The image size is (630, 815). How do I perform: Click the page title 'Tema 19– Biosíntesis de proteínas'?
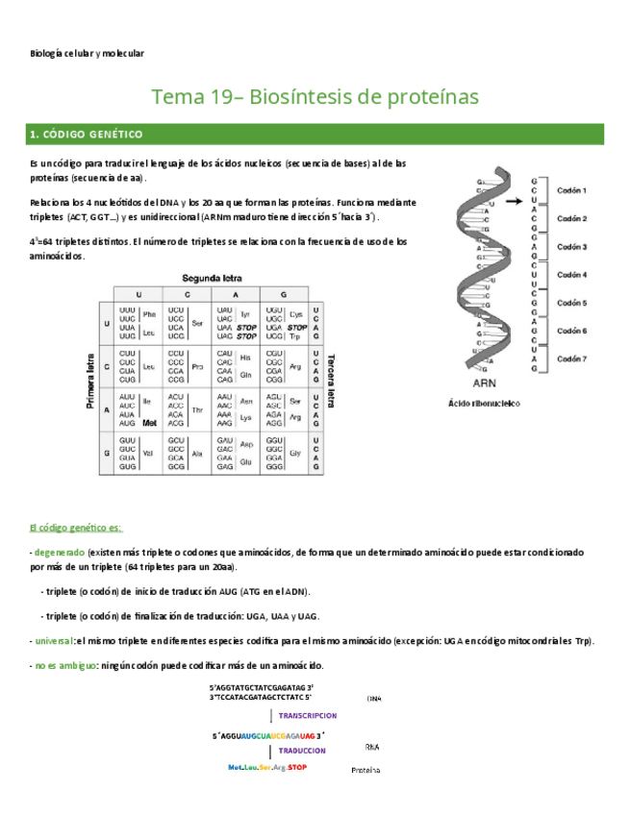tap(315, 97)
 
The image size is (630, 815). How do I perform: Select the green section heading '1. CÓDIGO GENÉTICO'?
tap(87, 135)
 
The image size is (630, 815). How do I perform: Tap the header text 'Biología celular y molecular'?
tap(88, 54)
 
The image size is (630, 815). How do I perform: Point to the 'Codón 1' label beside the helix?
tap(571, 190)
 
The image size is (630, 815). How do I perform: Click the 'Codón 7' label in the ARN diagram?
tap(571, 358)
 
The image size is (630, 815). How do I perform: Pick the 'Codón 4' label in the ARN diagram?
tap(571, 275)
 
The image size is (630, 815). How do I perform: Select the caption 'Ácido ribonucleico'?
tap(484, 404)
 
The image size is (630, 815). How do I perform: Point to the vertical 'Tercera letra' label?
tap(330, 381)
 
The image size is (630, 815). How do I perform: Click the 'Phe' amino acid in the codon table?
tap(149, 313)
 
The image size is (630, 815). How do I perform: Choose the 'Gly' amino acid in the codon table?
tap(295, 451)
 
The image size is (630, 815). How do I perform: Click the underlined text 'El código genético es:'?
tap(76, 528)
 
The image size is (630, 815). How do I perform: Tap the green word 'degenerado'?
tap(59, 554)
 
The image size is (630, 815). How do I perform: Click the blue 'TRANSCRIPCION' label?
tap(307, 716)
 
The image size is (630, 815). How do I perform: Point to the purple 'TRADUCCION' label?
tap(301, 751)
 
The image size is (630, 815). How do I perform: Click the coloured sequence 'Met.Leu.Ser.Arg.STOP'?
tap(267, 768)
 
